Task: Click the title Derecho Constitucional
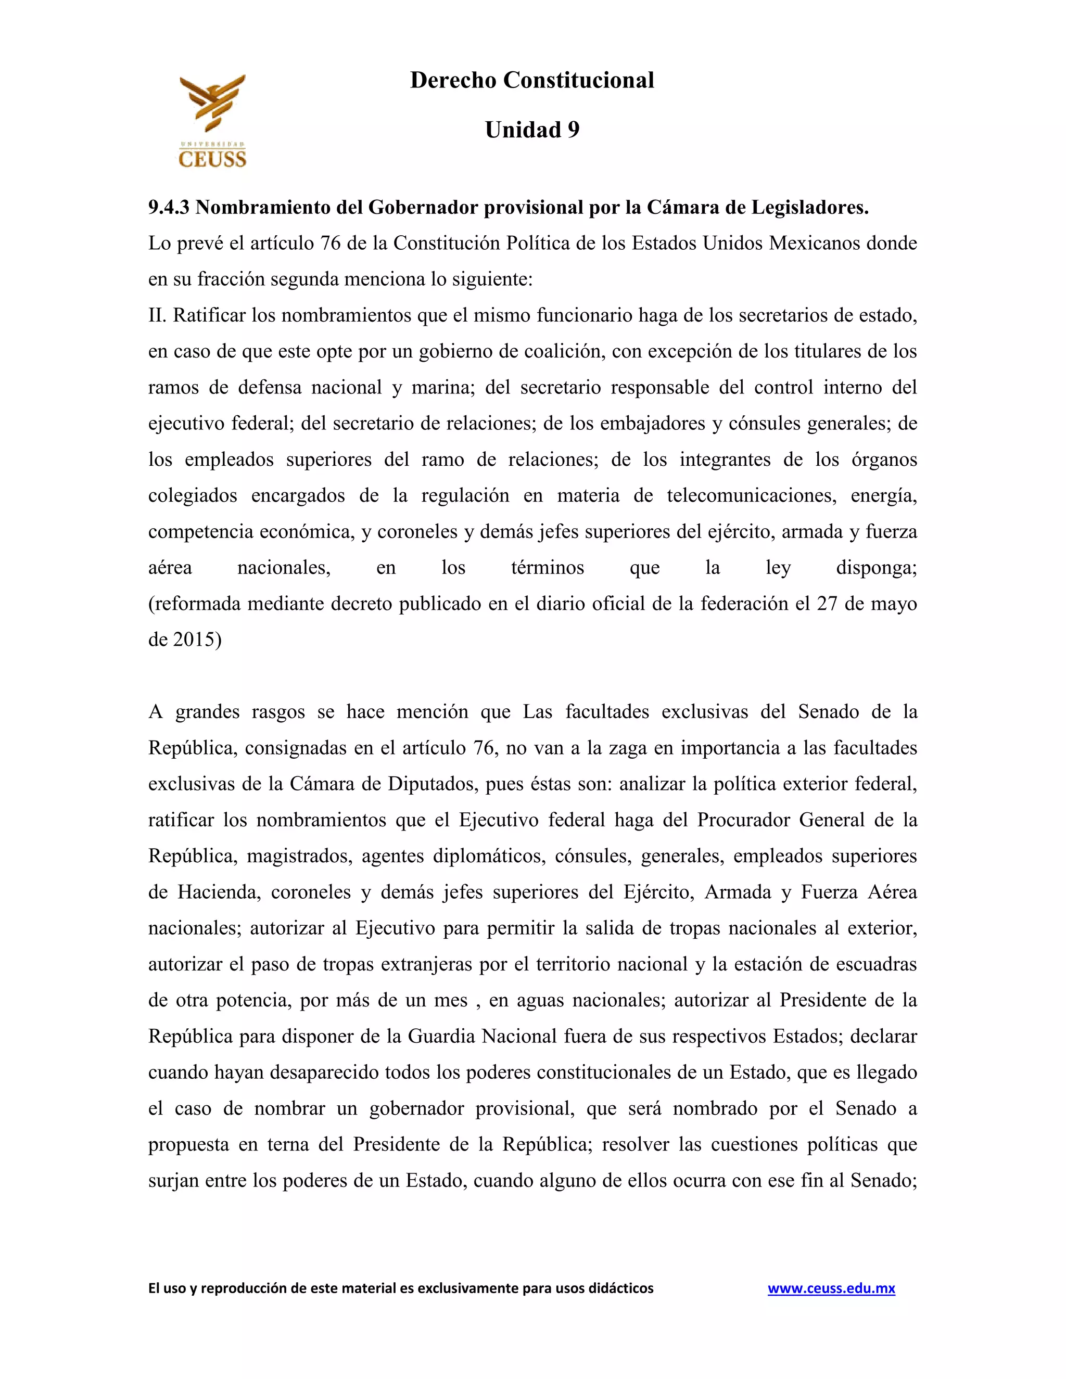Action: tap(532, 80)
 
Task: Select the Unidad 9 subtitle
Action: tap(532, 130)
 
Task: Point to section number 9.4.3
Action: tap(169, 207)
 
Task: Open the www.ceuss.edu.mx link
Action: tap(831, 1288)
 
